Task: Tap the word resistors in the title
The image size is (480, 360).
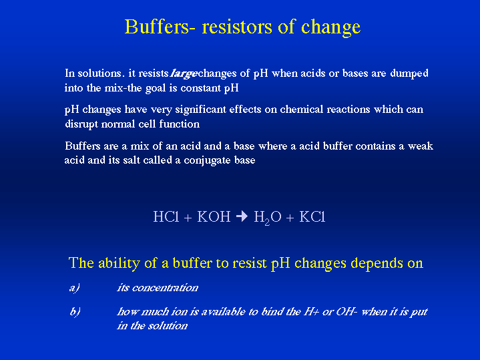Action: tap(237, 27)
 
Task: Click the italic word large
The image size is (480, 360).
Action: tap(184, 74)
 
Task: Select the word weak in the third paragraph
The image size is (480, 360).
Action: tap(421, 146)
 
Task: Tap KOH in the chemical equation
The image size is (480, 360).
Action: tap(214, 216)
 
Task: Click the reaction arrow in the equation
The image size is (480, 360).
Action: tap(242, 216)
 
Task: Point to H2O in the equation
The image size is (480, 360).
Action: tap(268, 218)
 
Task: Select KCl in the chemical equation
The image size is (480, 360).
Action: tap(312, 216)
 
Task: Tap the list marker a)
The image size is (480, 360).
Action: tap(74, 288)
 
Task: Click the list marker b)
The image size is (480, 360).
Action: tap(75, 312)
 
